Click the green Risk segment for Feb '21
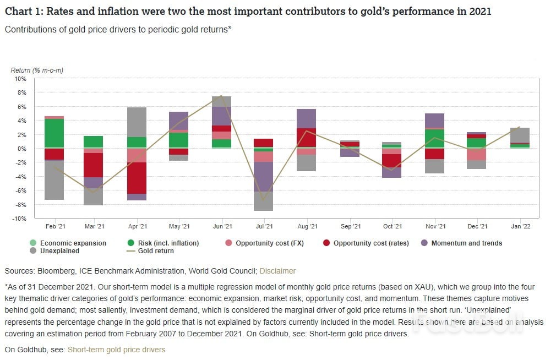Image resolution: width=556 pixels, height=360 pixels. (54, 133)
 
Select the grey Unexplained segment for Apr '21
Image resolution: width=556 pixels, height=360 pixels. (137, 122)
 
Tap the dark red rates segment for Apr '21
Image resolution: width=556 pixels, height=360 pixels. (137, 178)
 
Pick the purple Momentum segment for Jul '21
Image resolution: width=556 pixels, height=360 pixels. (264, 176)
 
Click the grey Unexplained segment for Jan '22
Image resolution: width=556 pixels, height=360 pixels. (520, 135)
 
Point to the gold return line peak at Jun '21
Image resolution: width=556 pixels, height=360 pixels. (221, 96)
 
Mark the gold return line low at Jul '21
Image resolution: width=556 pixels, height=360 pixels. (264, 200)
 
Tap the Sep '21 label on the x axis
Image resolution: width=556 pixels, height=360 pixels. (350, 226)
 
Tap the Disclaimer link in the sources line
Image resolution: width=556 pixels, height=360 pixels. (277, 271)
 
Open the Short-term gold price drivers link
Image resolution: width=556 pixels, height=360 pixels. (116, 350)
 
